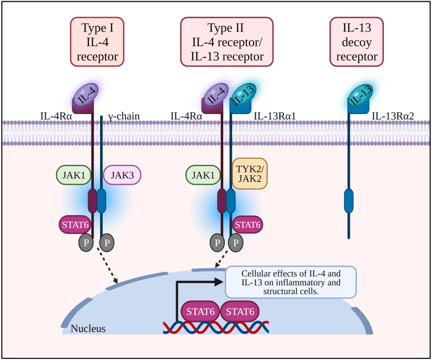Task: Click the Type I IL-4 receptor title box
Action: click(x=97, y=41)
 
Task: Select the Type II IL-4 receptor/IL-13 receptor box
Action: click(x=226, y=41)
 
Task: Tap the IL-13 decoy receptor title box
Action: click(x=356, y=41)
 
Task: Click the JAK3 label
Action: click(x=122, y=175)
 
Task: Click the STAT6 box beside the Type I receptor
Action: click(x=75, y=225)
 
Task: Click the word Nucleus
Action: click(x=88, y=329)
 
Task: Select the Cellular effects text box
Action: click(x=291, y=281)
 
